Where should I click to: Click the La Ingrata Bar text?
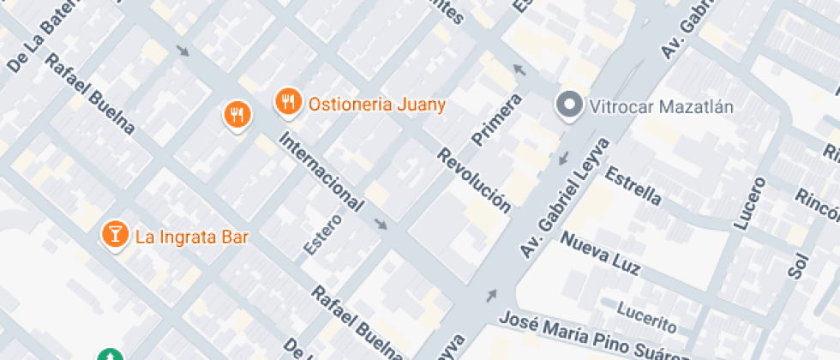point(191,237)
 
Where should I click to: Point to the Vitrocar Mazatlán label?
point(663,106)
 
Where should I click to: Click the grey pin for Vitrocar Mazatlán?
point(567,106)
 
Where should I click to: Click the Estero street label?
point(322,233)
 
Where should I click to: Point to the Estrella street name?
point(633,186)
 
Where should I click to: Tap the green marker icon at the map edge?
point(109,355)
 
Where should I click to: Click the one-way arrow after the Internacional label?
point(381,225)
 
